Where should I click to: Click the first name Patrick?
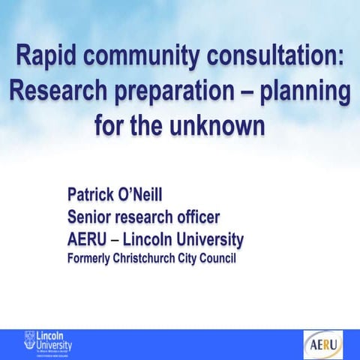tap(94, 196)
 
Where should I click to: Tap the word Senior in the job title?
tap(91, 218)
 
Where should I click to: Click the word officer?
tap(194, 218)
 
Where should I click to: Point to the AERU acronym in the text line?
tap(89, 240)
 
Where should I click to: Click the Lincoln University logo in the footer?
tap(48, 344)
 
